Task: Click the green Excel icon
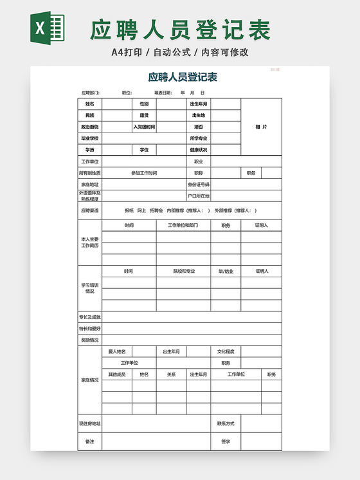[48, 29]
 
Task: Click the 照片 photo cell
[261, 127]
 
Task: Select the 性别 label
[144, 104]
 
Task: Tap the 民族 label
[89, 115]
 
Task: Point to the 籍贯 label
[144, 115]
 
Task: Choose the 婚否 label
[198, 127]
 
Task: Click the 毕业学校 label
[89, 138]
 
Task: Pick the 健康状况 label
[198, 150]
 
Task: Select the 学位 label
[144, 150]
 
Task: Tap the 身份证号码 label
[198, 185]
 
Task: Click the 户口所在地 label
[198, 196]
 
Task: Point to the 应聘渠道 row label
[89, 210]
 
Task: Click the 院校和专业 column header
[183, 271]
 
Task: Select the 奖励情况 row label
[89, 340]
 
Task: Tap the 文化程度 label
[226, 351]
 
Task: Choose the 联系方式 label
[226, 423]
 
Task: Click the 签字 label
[226, 441]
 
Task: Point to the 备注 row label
[89, 441]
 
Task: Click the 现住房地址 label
[89, 423]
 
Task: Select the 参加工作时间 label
[144, 173]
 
